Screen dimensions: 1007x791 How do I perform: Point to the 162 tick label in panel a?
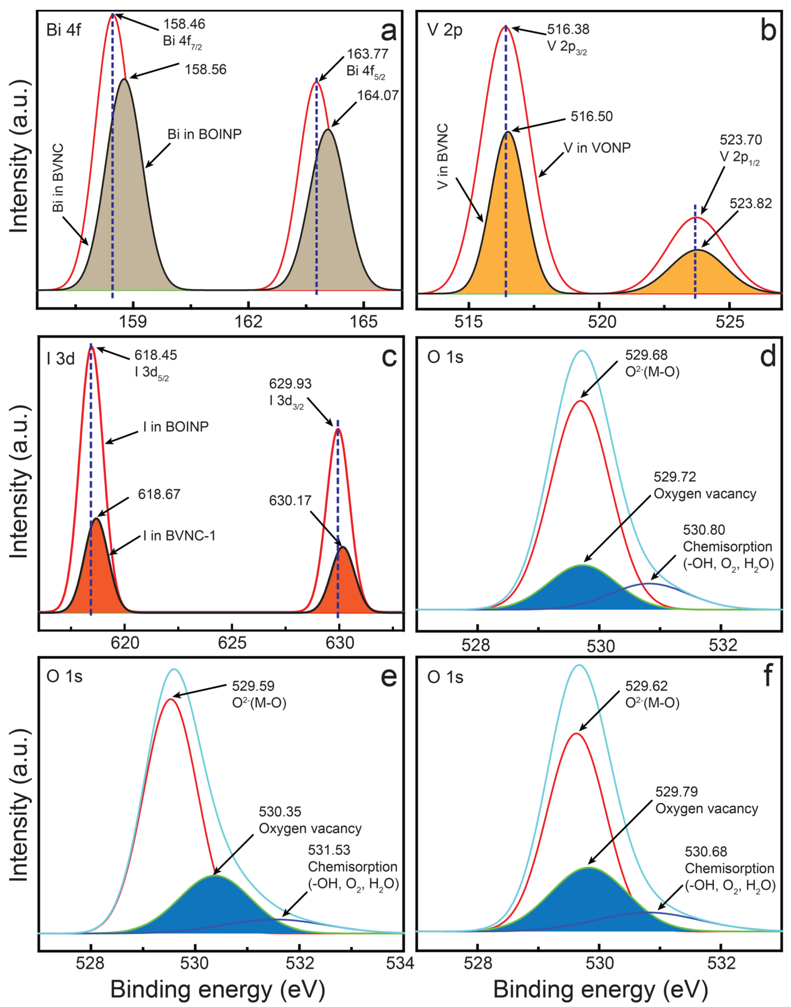[249, 321]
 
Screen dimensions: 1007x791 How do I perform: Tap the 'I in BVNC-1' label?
[179, 536]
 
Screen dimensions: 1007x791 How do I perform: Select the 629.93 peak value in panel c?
[290, 384]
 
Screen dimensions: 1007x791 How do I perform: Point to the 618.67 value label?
[159, 495]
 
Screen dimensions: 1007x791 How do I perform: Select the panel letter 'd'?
[768, 357]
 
